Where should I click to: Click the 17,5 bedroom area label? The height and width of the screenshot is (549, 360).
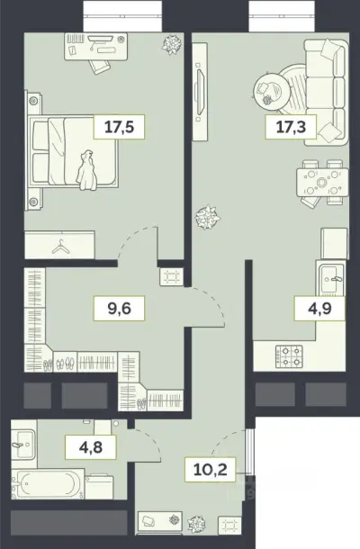pyautogui.click(x=119, y=126)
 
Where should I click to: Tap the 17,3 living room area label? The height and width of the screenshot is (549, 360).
pyautogui.click(x=291, y=126)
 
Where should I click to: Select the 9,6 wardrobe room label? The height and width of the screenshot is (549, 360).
pyautogui.click(x=119, y=308)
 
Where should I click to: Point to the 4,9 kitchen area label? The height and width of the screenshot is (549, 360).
pyautogui.click(x=319, y=308)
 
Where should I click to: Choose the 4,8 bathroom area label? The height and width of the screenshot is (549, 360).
pyautogui.click(x=91, y=447)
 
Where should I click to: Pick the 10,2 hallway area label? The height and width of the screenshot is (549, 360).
pyautogui.click(x=210, y=469)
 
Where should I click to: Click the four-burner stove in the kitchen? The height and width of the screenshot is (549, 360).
pyautogui.click(x=289, y=356)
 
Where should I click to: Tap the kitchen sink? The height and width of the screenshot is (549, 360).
pyautogui.click(x=329, y=279)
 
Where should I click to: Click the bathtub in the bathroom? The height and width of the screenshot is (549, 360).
pyautogui.click(x=48, y=484)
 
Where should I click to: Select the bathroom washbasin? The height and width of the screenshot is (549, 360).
pyautogui.click(x=23, y=445)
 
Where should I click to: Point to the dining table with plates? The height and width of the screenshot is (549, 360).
pyautogui.click(x=322, y=183)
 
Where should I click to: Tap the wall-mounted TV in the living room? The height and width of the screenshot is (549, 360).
pyautogui.click(x=201, y=92)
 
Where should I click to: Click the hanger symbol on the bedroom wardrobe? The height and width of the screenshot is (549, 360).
pyautogui.click(x=60, y=247)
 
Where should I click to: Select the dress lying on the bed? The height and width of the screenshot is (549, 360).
pyautogui.click(x=86, y=170)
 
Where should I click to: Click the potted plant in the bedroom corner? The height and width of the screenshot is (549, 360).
pyautogui.click(x=172, y=44)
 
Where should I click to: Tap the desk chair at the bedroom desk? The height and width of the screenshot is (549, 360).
pyautogui.click(x=99, y=66)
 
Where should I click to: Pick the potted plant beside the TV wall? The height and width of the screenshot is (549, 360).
pyautogui.click(x=207, y=217)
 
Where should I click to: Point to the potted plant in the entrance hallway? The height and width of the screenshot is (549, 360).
pyautogui.click(x=196, y=524)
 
